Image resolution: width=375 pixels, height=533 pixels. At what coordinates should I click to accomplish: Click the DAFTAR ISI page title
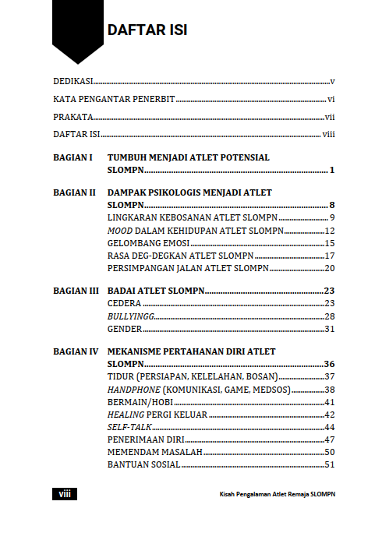click(147, 30)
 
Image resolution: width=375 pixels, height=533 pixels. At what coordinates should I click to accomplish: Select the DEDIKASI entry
click(73, 81)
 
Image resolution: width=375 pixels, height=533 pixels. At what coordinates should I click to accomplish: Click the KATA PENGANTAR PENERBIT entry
click(114, 100)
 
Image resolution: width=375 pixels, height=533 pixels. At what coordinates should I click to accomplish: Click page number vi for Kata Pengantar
click(331, 100)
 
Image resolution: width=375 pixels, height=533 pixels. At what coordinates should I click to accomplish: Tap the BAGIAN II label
click(74, 192)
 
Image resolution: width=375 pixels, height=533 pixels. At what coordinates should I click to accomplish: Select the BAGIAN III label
click(76, 291)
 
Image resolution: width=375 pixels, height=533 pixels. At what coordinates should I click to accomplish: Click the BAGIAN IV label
click(75, 352)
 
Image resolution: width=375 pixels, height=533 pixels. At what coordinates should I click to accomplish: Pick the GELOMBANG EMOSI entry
click(144, 243)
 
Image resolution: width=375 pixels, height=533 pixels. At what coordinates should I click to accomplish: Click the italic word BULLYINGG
click(130, 316)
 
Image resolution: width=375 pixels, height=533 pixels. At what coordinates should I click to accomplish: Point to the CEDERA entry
click(123, 303)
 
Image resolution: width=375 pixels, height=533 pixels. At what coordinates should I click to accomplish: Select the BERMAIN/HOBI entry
click(140, 402)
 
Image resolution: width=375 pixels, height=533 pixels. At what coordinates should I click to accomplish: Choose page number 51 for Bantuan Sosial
click(329, 465)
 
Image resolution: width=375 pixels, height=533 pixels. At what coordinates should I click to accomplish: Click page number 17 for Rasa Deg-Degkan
click(329, 256)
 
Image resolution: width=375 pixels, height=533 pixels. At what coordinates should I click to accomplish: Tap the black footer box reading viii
click(64, 494)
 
